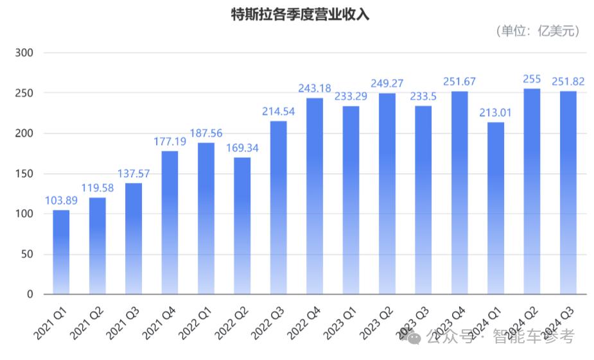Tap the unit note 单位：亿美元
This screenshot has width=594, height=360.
538,30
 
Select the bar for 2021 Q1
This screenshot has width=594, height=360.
61,252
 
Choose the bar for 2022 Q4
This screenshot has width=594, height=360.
315,196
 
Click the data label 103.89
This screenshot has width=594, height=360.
61,200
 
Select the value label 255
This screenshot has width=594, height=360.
532,79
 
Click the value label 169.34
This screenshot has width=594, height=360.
242,148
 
